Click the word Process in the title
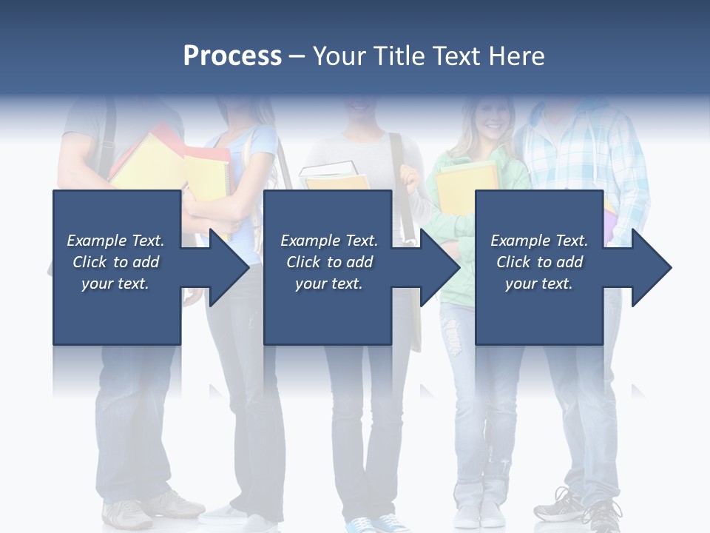pos(232,56)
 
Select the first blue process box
pos(117,311)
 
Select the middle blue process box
pos(328,311)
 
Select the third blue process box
pos(538,311)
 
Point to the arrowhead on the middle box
pos(439,267)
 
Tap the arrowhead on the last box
pos(649,267)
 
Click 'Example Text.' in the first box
pos(115,241)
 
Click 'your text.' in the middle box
pos(328,284)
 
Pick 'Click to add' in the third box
pos(539,262)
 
